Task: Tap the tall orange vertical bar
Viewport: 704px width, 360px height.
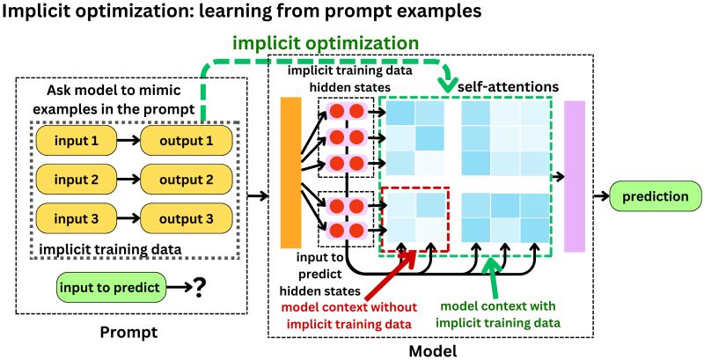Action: click(x=290, y=173)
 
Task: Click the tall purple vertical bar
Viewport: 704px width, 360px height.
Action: click(x=575, y=173)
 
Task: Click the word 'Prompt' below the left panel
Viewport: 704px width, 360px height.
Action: click(x=129, y=333)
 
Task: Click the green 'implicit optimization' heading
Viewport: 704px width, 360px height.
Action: click(x=326, y=41)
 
